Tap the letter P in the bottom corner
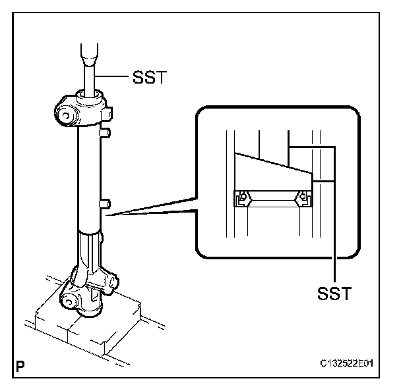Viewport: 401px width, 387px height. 22,363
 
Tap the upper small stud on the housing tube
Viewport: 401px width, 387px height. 103,134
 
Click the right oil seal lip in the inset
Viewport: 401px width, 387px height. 303,195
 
